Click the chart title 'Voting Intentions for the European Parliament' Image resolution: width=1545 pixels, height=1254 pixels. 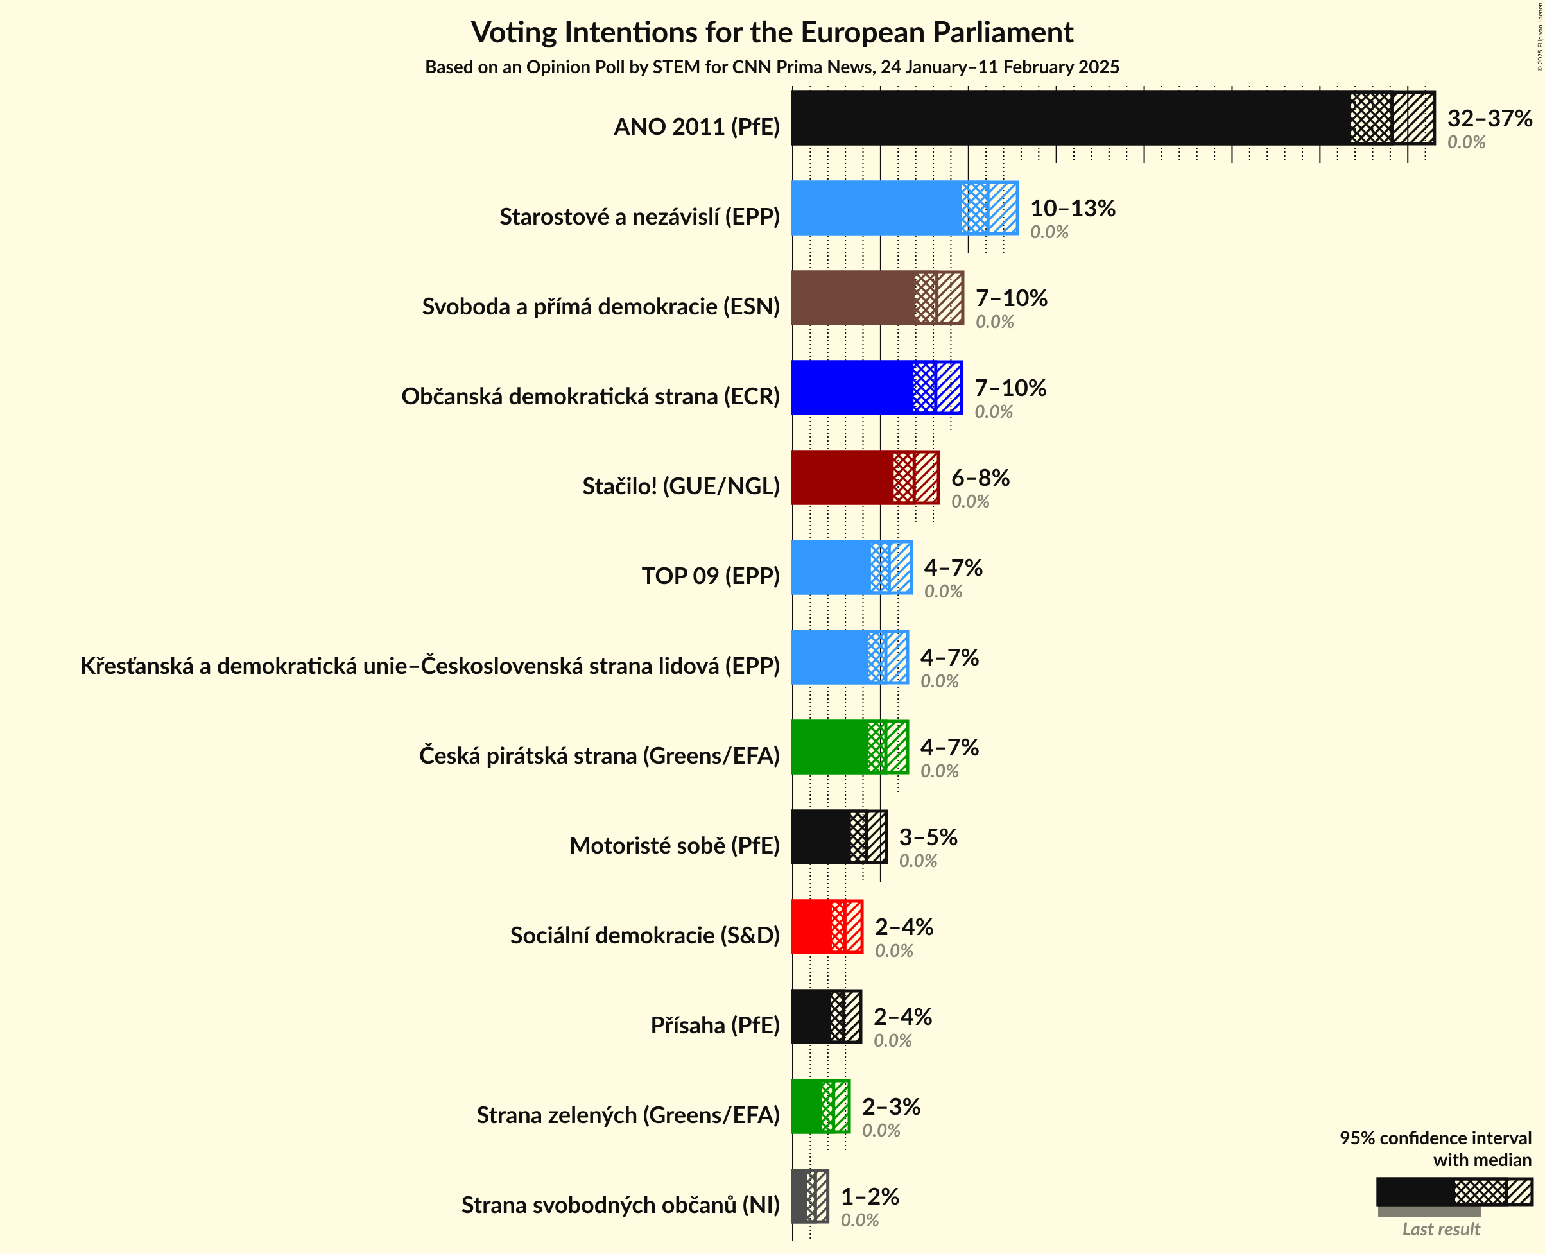(772, 33)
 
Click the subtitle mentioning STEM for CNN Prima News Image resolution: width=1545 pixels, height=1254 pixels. (772, 67)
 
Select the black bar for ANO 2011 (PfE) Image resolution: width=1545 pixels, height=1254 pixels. (1069, 117)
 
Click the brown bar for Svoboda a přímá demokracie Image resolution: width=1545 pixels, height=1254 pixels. (852, 298)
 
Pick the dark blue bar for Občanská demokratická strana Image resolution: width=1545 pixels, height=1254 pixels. (852, 388)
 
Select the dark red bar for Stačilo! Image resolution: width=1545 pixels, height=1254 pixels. (842, 477)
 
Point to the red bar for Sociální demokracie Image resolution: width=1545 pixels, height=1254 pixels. (811, 927)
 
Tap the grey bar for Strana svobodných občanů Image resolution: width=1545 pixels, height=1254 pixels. (800, 1196)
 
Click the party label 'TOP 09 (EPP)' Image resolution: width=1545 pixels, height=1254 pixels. (711, 576)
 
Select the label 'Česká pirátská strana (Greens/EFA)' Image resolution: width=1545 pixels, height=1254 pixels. (599, 755)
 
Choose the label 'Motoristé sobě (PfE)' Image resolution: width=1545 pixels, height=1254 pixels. (674, 845)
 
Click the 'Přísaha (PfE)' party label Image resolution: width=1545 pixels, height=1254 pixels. (714, 1025)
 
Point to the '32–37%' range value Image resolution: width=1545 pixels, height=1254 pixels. (1489, 117)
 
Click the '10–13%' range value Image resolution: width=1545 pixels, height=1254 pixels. (1073, 208)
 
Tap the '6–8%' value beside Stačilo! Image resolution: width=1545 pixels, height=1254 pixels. (980, 477)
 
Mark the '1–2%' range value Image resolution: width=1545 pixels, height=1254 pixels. (870, 1196)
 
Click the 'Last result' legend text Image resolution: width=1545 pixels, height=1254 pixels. (1441, 1229)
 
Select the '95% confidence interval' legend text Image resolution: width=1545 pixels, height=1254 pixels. (1435, 1138)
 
